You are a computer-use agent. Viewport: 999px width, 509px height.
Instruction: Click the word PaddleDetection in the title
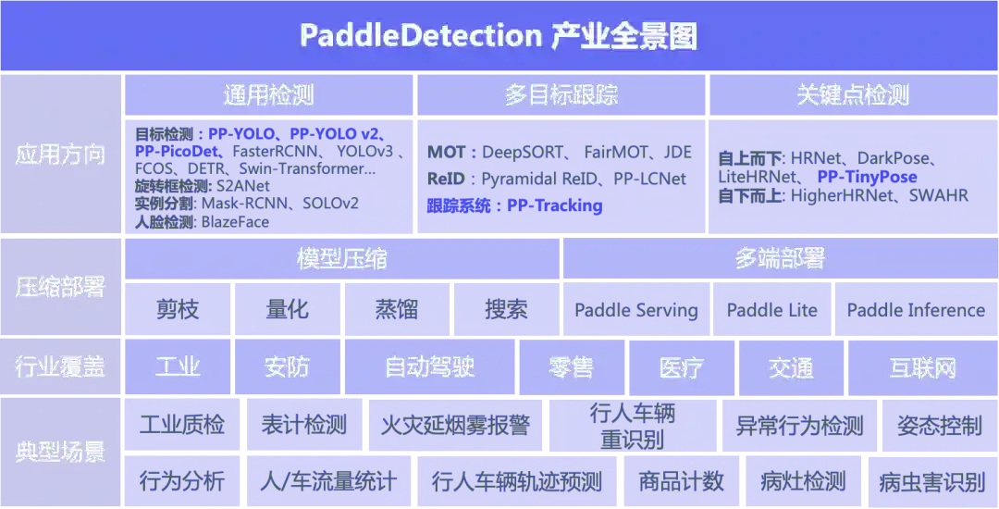tap(420, 36)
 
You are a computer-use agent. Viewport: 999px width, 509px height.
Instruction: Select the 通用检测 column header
tap(268, 95)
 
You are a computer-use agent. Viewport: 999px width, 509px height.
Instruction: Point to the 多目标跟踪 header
tap(561, 95)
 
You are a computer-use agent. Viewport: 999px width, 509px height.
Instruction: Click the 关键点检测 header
tap(853, 95)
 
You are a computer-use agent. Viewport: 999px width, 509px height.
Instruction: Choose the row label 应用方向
tap(60, 155)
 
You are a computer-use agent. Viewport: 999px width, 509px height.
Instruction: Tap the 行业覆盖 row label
tap(60, 367)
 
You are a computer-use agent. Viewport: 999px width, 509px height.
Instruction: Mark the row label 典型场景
tap(60, 453)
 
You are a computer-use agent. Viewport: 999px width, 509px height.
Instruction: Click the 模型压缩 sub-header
tap(341, 259)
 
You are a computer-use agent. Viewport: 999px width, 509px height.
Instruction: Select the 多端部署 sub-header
tap(779, 259)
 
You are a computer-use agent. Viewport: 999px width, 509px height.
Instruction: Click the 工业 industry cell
tap(178, 367)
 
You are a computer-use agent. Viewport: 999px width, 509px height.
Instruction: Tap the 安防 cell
tap(287, 367)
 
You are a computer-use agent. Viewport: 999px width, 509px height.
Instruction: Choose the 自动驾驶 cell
tap(429, 367)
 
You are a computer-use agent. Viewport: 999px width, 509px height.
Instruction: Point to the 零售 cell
tap(571, 367)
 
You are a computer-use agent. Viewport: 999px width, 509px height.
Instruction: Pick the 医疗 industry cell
tap(682, 367)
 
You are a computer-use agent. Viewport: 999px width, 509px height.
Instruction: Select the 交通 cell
tap(791, 367)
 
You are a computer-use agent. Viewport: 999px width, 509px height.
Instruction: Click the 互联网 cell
tap(922, 367)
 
